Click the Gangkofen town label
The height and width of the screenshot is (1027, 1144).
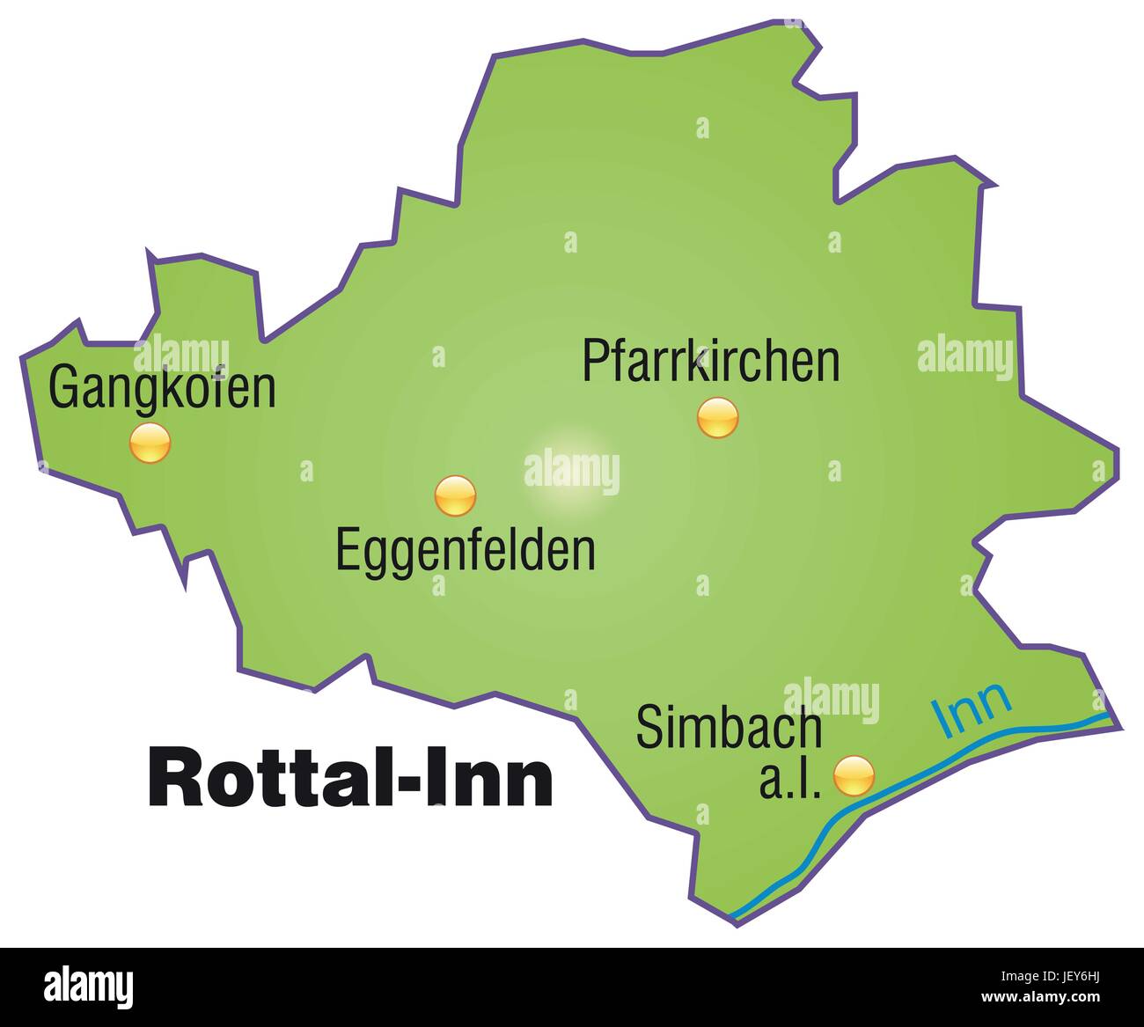tap(162, 388)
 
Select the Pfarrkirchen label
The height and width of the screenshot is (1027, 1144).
tap(711, 361)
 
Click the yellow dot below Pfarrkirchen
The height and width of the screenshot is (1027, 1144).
tap(717, 417)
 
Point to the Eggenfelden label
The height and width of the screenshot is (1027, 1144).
tap(466, 550)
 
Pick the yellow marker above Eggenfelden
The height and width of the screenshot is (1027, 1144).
tap(455, 495)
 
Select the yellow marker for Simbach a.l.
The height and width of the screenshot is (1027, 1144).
tap(854, 775)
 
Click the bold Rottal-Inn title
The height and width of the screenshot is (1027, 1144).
tap(350, 778)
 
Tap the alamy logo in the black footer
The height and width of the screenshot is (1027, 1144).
tap(89, 986)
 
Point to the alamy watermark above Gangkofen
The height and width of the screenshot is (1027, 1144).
tap(181, 355)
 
